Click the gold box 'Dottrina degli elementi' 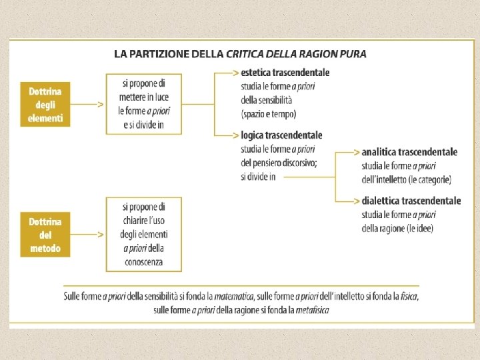pos(45,105)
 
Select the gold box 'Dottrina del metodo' pos(45,235)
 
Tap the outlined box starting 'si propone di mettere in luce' pos(143,104)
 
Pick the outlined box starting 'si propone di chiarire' pos(143,234)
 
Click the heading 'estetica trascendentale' pos(285,72)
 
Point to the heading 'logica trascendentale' pos(281,135)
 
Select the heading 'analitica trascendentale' pos(409,152)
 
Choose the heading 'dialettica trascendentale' pos(411,201)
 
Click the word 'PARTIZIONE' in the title pos(161,53)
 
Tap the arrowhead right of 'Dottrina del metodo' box pos(100,235)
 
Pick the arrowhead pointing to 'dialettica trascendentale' pos(356,201)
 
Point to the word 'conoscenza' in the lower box pos(143,262)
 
